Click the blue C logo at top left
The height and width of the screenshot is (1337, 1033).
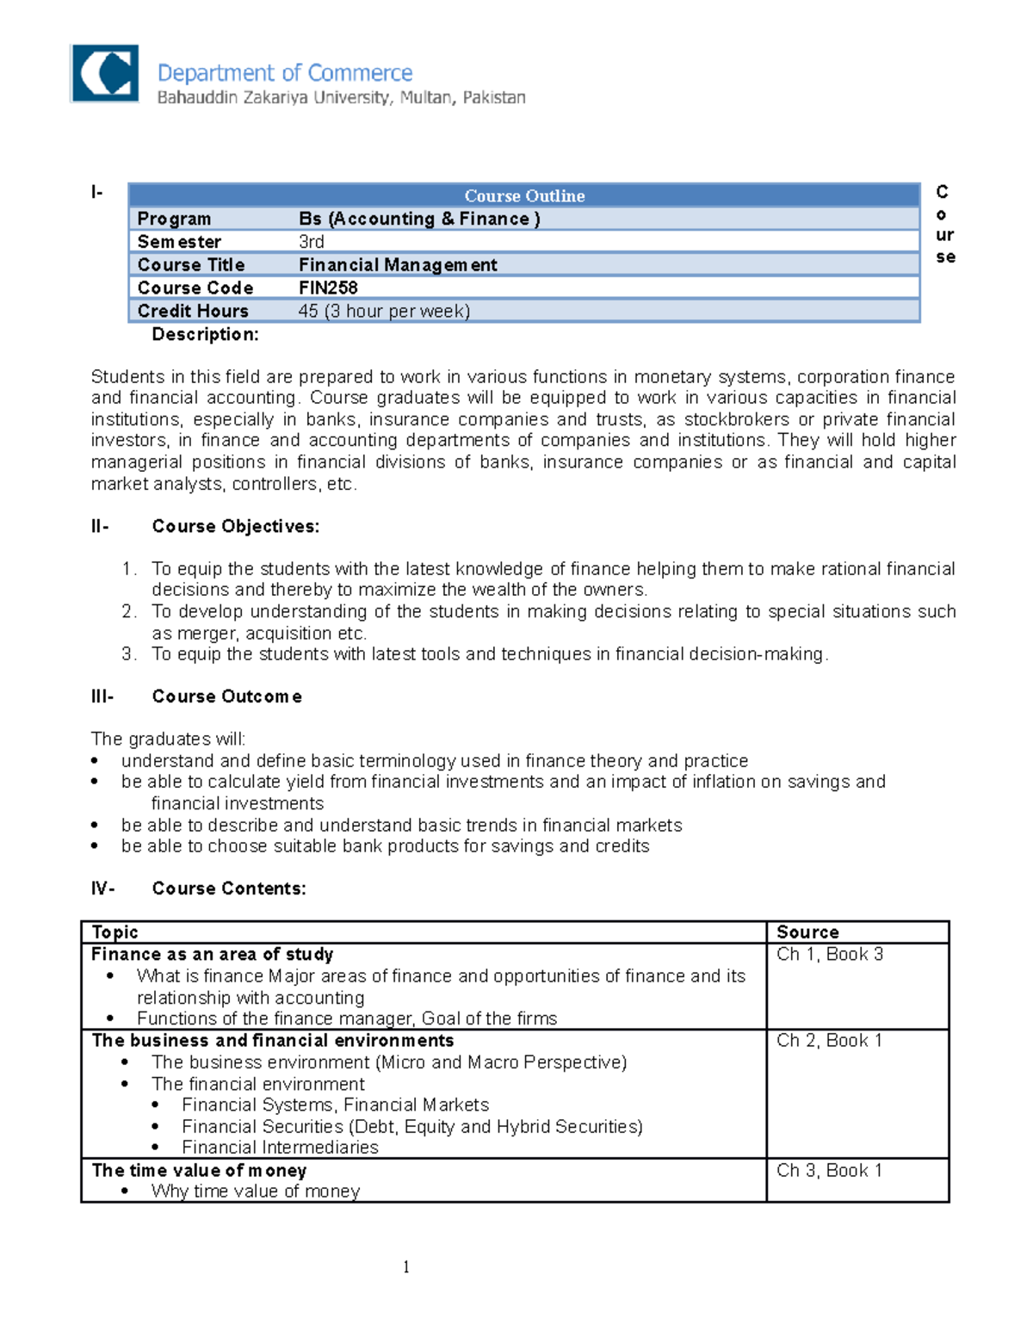pos(104,74)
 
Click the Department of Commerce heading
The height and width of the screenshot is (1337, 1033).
pos(284,73)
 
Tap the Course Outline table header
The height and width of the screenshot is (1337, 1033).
pos(524,195)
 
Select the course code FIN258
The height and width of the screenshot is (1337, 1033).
pos(328,288)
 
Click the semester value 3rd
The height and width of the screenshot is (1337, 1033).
pos(311,242)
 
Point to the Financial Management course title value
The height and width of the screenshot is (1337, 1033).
pos(398,265)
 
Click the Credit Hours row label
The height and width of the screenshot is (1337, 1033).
pos(193,311)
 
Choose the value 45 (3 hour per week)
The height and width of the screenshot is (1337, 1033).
pos(384,311)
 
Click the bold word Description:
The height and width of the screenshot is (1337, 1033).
pos(205,334)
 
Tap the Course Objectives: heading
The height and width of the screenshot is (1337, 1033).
pos(235,526)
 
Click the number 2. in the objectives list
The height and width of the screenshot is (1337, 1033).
pos(129,611)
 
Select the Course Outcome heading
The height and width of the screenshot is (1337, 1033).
pos(226,696)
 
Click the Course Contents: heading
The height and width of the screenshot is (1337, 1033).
pos(229,888)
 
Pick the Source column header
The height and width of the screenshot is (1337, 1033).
pos(807,932)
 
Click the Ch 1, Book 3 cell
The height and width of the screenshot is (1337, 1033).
pos(829,954)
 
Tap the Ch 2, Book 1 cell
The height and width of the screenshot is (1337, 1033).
pos(829,1040)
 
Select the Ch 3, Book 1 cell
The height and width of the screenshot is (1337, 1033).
pos(829,1170)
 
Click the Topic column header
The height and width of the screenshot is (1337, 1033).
pos(114,932)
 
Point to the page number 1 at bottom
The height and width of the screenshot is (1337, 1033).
pos(406,1266)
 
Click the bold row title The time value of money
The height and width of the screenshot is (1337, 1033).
pos(199,1170)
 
